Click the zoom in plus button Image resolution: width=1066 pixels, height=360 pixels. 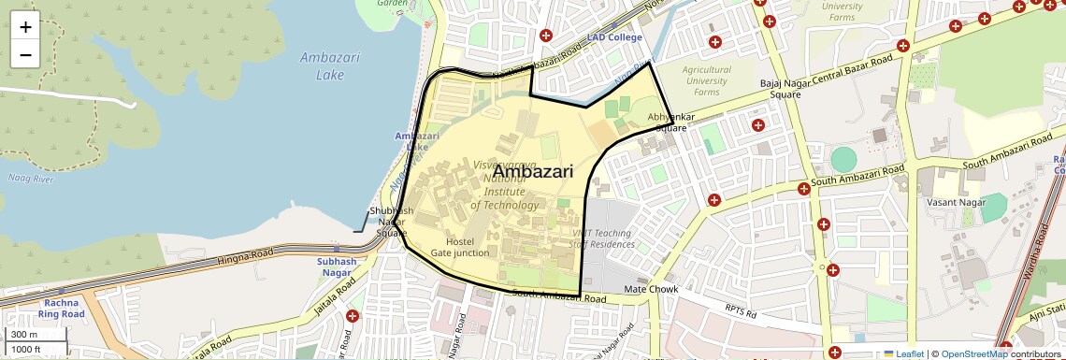tap(25, 27)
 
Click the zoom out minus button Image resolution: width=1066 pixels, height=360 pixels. tap(25, 54)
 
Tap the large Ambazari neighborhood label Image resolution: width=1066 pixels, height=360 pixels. tap(532, 171)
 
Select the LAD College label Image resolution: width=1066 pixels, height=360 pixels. tap(614, 37)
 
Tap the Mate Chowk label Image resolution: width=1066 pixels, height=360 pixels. tap(650, 290)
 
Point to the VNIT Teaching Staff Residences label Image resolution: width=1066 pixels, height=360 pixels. tap(602, 238)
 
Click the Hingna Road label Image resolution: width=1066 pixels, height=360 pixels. tap(244, 255)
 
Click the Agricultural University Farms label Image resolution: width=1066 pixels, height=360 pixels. tap(706, 81)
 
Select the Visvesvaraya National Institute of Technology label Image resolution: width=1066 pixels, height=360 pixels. tap(506, 184)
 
